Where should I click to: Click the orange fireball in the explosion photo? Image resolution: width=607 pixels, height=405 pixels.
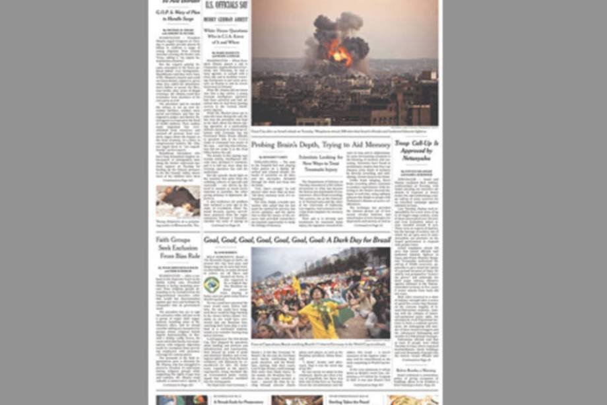(x=340, y=53)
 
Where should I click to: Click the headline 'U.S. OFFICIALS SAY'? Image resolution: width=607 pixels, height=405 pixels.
(x=226, y=5)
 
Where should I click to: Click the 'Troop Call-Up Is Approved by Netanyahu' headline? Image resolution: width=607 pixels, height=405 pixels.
(x=416, y=151)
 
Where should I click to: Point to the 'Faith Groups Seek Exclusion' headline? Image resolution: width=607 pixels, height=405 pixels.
(x=177, y=247)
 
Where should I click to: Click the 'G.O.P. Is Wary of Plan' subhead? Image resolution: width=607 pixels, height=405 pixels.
(x=177, y=17)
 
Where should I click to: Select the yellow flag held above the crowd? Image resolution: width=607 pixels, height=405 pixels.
(x=296, y=285)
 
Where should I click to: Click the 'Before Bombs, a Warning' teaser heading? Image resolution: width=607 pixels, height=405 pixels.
(x=416, y=370)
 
